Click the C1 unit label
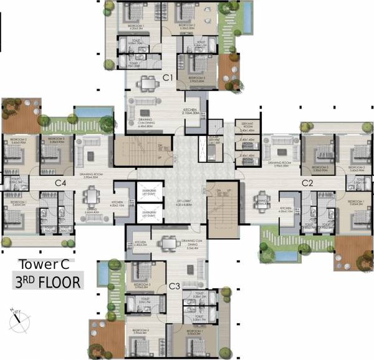pos(167,77)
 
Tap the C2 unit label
pos(307,183)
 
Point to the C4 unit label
pos(60,183)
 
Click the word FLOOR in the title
pos(59,281)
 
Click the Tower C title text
pos(44,264)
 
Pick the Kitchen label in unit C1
pos(190,112)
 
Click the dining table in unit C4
pos(90,198)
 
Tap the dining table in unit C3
pos(166,244)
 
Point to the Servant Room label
pos(244,125)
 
